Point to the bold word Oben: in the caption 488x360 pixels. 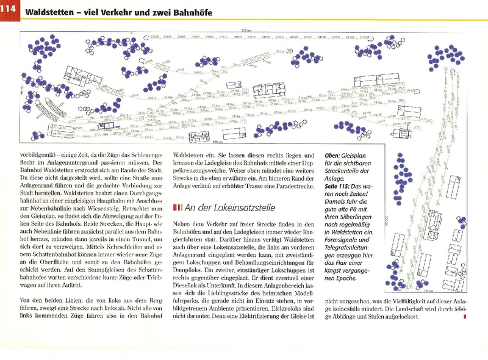coord(336,155)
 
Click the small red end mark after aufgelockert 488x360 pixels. coord(465,317)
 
